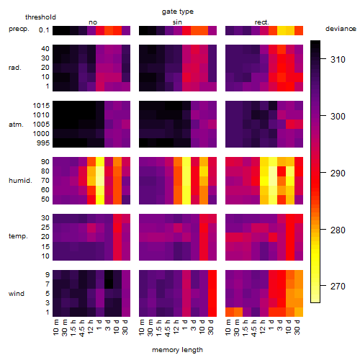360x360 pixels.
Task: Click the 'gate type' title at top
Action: tap(178, 12)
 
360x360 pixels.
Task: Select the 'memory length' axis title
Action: tap(177, 350)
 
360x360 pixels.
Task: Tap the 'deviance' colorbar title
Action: tap(341, 29)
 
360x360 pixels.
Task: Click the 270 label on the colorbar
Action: tap(338, 286)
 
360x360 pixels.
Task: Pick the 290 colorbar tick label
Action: tap(338, 173)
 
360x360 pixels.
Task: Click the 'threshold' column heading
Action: tap(40, 17)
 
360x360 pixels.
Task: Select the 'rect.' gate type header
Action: tap(262, 22)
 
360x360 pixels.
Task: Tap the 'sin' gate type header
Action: tap(177, 22)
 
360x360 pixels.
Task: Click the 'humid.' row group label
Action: tap(20, 181)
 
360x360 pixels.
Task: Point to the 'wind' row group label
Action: tap(17, 294)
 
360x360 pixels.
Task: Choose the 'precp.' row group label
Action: tap(19, 30)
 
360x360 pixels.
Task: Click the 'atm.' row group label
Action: tap(16, 125)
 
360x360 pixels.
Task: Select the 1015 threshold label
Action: tap(41, 106)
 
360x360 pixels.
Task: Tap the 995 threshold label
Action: tap(43, 143)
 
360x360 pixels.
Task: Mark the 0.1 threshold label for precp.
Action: tap(44, 30)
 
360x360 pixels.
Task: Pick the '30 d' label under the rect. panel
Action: tap(297, 327)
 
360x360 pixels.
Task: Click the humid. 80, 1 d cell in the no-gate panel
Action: tap(100, 171)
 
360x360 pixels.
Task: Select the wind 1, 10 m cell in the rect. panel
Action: tap(230, 312)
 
